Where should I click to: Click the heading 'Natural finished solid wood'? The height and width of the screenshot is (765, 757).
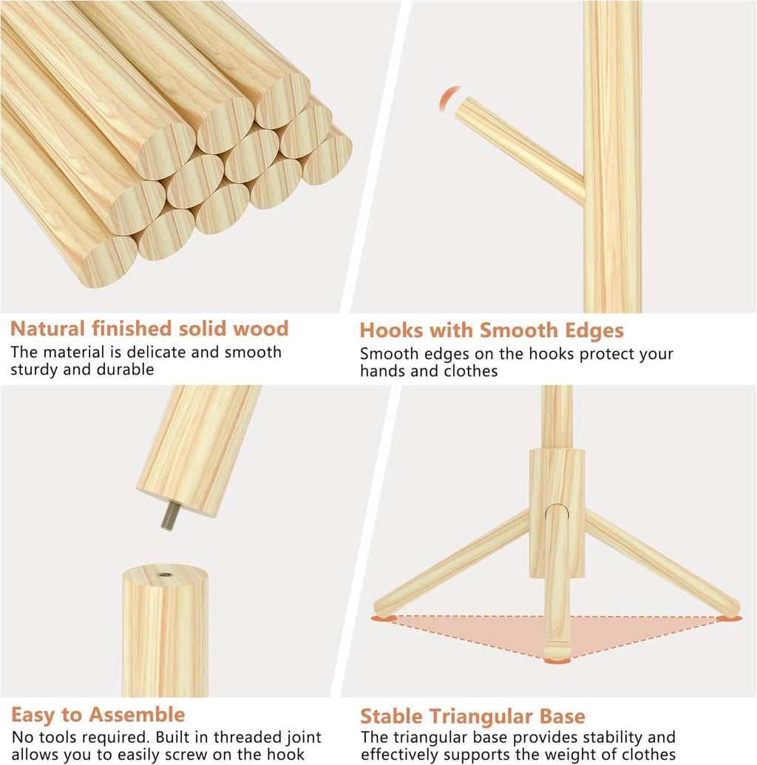point(149,329)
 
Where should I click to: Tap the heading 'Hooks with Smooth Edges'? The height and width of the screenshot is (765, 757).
point(492,330)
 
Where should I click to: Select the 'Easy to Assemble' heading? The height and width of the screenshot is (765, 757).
point(98,715)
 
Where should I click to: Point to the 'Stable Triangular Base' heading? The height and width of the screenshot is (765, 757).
point(472,716)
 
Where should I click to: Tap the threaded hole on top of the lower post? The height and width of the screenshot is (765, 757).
point(164,575)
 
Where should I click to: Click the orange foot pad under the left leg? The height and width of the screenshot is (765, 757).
point(384,618)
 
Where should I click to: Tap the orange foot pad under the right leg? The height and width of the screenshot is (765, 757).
point(729,619)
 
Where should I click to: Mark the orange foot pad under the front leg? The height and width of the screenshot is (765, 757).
point(557,661)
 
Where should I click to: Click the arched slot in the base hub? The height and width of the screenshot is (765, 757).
point(557,517)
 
